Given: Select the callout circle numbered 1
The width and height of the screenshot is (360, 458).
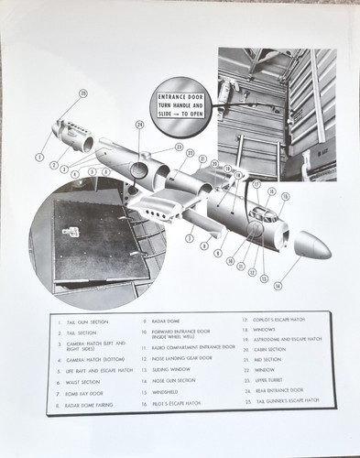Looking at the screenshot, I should pyautogui.click(x=40, y=158).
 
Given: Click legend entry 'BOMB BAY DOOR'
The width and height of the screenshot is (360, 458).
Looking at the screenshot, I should pyautogui.click(x=82, y=393).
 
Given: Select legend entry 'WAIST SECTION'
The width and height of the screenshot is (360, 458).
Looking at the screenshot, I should pyautogui.click(x=80, y=381).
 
